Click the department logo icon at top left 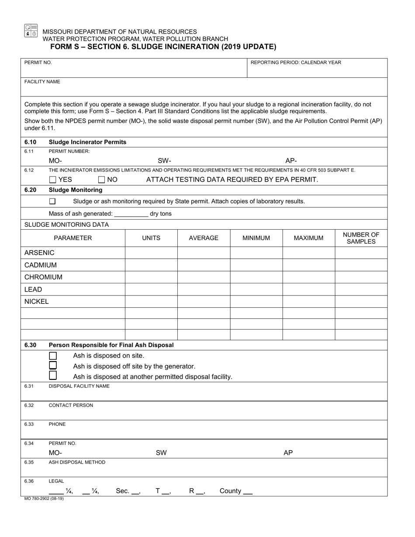31,30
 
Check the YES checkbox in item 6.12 53,179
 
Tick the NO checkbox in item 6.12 102,179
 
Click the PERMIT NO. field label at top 38,62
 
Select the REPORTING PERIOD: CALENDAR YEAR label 296,62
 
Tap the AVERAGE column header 204,238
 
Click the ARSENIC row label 39,253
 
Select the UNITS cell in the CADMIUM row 151,265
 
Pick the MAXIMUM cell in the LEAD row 308,289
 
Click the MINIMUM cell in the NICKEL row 256,302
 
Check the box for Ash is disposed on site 53,355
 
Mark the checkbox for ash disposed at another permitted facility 53,375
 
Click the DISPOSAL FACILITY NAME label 79,386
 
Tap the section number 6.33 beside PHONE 29,424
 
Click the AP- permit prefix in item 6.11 291,160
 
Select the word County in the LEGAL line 230,491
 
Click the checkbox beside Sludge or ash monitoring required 52,201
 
